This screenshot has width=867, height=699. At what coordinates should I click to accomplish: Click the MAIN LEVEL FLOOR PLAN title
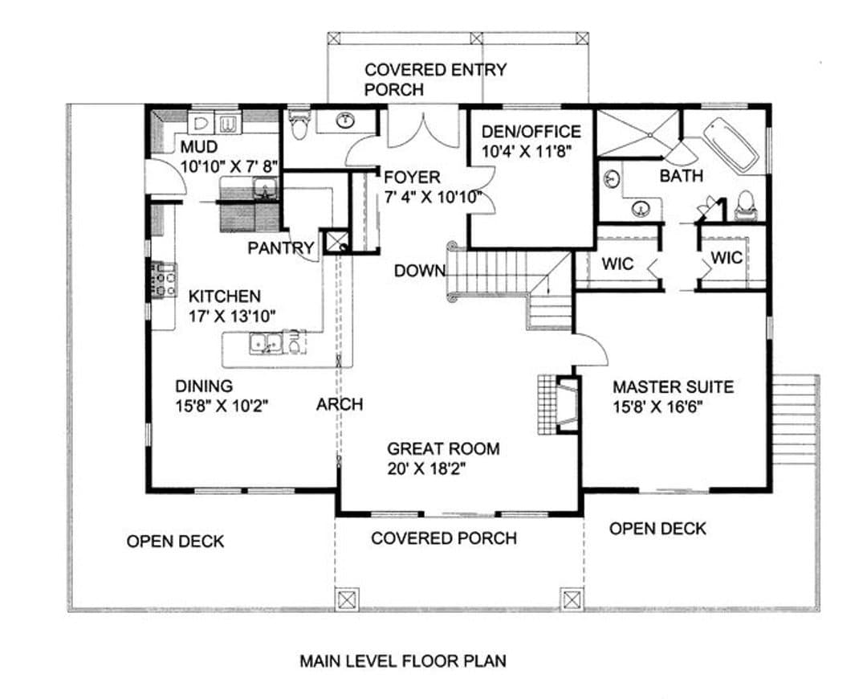[402, 660]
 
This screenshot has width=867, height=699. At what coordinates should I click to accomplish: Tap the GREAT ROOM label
[443, 448]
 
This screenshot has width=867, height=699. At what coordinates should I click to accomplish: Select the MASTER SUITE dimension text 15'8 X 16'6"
[657, 407]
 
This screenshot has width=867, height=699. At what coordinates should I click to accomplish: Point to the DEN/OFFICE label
[531, 132]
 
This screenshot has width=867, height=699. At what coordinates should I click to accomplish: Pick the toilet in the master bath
[745, 206]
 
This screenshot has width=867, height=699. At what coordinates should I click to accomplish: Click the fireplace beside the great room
[560, 405]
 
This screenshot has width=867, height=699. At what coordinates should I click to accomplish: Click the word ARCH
[340, 405]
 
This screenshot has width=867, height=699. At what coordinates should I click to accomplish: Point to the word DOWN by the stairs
[420, 271]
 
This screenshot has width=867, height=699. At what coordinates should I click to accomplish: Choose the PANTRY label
[281, 248]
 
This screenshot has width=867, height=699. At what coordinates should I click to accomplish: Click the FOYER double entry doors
[423, 129]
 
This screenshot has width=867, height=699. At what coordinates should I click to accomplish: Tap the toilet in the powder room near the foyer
[299, 124]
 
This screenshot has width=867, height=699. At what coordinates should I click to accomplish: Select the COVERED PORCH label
[444, 538]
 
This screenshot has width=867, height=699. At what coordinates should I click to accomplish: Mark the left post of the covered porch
[346, 599]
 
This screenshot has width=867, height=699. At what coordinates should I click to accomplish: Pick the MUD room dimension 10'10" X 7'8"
[228, 166]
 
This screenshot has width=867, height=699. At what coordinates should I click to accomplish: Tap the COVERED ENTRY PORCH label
[435, 80]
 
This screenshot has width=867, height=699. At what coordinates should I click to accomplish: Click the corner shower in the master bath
[637, 133]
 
